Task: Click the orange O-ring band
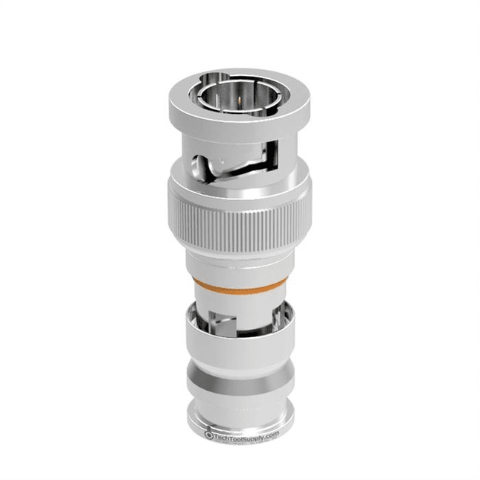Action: pyautogui.click(x=239, y=284)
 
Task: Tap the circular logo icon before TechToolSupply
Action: pyautogui.click(x=210, y=435)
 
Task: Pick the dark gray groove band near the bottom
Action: pyautogui.click(x=239, y=390)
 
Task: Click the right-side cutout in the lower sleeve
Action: pyautogui.click(x=272, y=321)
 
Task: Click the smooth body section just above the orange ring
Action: pyautogui.click(x=239, y=264)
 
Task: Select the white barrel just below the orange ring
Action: pyautogui.click(x=239, y=300)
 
